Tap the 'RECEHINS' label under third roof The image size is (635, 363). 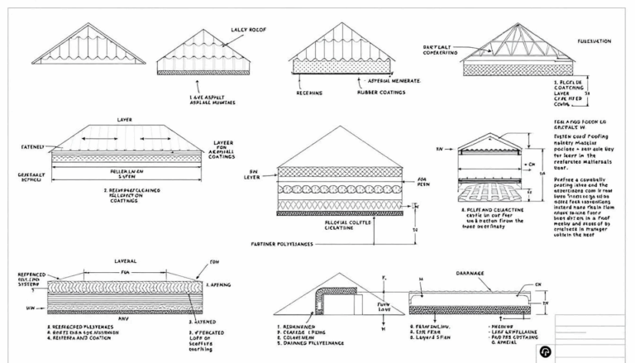[310, 92]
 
